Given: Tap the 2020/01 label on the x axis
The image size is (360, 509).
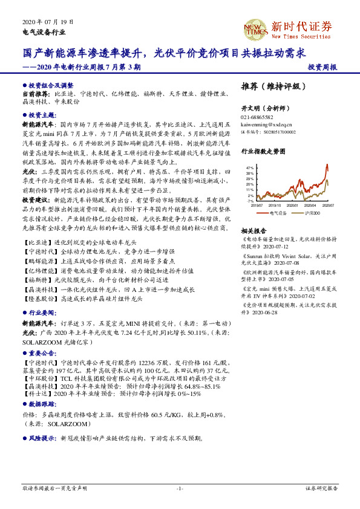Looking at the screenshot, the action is coord(292,206).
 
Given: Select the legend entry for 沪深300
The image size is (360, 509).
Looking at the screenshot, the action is coord(312,213).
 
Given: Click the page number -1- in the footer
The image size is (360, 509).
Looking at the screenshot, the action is coord(180,488).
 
